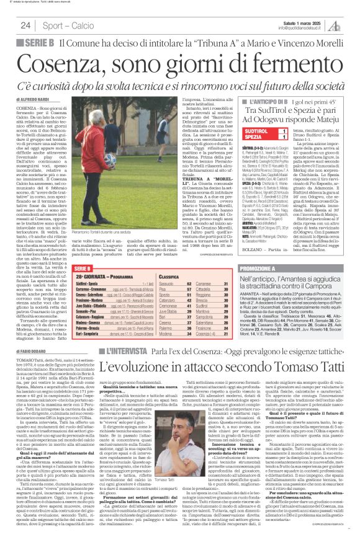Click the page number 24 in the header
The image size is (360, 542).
(26, 25)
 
